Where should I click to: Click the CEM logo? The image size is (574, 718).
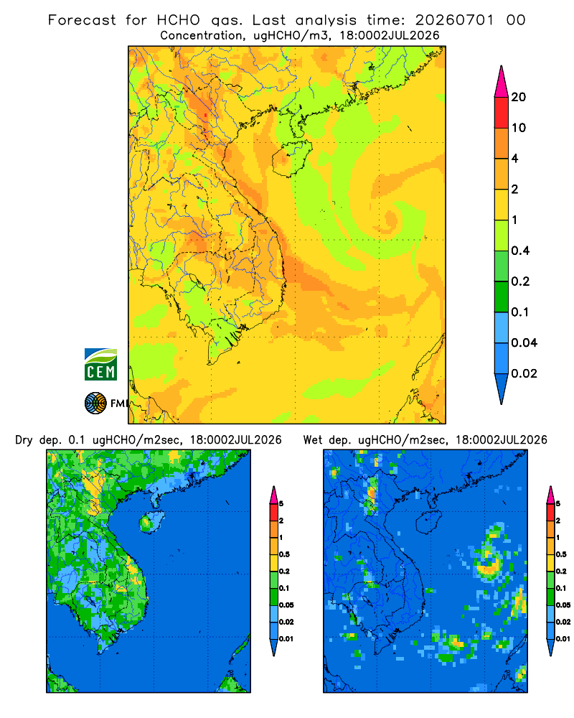click(100, 364)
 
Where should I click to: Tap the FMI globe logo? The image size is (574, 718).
click(95, 404)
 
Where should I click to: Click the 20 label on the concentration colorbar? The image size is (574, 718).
click(519, 97)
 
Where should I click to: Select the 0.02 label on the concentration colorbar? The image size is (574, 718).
click(524, 373)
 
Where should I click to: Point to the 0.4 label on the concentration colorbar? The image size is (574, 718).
click(520, 251)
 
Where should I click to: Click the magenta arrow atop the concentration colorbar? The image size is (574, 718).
click(502, 82)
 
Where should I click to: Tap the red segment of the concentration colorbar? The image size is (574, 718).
click(502, 113)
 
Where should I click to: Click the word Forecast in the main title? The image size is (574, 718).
click(82, 20)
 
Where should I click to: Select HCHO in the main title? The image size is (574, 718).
click(179, 20)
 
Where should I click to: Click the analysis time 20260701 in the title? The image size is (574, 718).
click(454, 20)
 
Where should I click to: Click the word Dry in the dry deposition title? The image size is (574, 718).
click(24, 441)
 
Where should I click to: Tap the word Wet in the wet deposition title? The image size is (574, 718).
click(314, 440)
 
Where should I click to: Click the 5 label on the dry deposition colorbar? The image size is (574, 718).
click(281, 504)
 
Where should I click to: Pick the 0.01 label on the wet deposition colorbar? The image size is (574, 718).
click(563, 639)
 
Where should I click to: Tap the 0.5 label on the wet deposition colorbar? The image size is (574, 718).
click(561, 554)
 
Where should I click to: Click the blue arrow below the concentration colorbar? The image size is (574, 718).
click(502, 388)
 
